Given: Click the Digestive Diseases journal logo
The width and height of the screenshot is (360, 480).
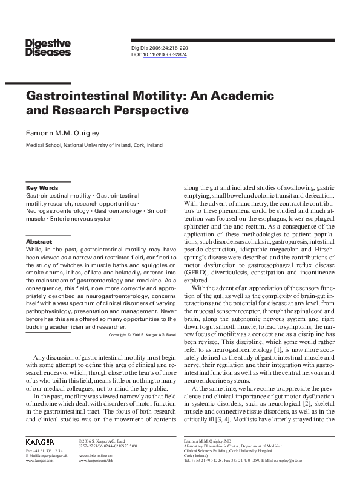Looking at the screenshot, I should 48,47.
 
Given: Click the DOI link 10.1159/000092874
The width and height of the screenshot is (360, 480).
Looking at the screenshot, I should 165,54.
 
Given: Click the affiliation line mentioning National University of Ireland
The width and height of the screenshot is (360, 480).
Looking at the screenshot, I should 94,145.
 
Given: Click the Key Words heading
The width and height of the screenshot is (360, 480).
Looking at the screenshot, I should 42,188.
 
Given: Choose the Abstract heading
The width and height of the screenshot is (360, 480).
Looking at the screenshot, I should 39,241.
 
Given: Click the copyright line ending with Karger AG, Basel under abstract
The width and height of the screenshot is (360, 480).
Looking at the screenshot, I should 142,334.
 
